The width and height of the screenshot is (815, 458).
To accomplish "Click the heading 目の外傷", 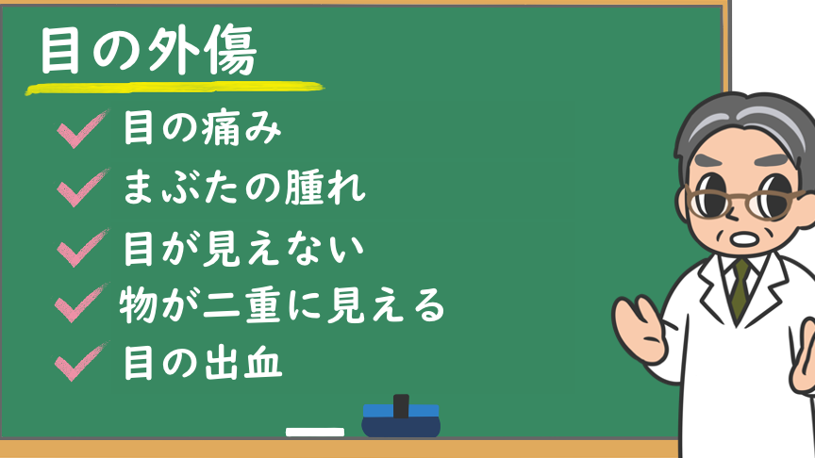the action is [149, 51].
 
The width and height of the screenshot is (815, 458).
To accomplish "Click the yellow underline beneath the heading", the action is [175, 89].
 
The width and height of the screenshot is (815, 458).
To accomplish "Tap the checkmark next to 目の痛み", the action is [83, 129].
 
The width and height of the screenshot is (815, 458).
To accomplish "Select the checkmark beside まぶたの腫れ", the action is [83, 188].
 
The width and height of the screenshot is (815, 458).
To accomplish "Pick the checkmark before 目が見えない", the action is [83, 248].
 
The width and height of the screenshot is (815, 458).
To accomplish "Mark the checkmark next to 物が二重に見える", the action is [81, 303].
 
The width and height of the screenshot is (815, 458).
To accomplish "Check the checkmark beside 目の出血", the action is [81, 362].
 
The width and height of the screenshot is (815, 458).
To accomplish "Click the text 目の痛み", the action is [202, 128].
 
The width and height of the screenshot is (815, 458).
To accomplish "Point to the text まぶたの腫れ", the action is [244, 188].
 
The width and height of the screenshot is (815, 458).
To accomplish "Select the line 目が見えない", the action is [243, 248].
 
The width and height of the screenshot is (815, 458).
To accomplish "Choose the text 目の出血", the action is [203, 363].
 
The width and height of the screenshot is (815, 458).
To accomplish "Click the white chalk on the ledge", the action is [315, 432].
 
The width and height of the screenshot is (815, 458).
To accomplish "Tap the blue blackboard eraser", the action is [401, 420].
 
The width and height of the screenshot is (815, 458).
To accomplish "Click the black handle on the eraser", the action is [401, 406].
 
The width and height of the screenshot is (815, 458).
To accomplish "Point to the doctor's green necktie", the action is [740, 287].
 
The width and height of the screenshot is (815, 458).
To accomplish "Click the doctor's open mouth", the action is [745, 239].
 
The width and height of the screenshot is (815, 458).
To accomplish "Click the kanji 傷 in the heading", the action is [232, 51].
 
